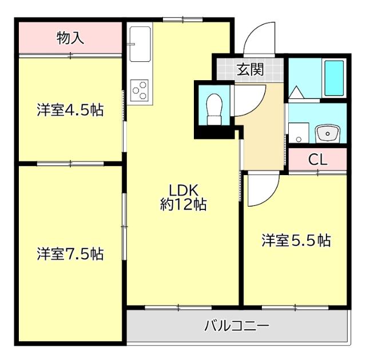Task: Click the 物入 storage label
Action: pyautogui.click(x=71, y=38)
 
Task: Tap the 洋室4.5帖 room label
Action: pyautogui.click(x=70, y=110)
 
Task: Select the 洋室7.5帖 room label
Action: pyautogui.click(x=70, y=254)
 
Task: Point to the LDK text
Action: pyautogui.click(x=182, y=191)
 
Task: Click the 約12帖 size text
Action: pyautogui.click(x=183, y=204)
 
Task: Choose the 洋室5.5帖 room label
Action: pyautogui.click(x=296, y=240)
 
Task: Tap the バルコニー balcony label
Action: pyautogui.click(x=237, y=327)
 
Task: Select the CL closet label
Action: pyautogui.click(x=317, y=160)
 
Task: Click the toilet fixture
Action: pyautogui.click(x=214, y=108)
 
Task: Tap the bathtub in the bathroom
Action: pyautogui.click(x=334, y=78)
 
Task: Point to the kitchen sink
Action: pyautogui.click(x=140, y=43)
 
